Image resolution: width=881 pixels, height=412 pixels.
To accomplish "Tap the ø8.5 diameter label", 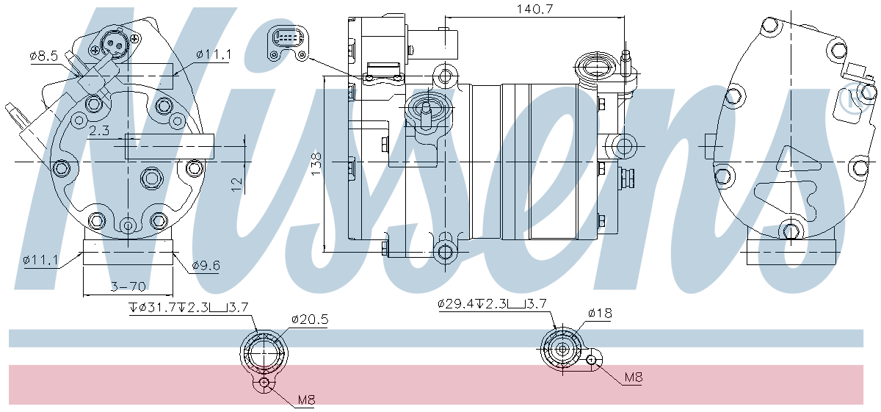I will pyautogui.click(x=43, y=55).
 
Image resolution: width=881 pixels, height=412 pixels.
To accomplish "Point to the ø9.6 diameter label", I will pyautogui.click(x=206, y=265).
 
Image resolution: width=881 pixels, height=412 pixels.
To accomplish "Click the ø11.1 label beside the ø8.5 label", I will pyautogui.click(x=214, y=55).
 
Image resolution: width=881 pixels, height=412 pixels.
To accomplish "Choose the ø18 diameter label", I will pyautogui.click(x=599, y=314).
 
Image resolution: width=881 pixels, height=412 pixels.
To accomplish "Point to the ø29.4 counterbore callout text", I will pyautogui.click(x=492, y=303).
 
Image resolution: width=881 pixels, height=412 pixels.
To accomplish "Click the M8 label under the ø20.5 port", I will pyautogui.click(x=306, y=400).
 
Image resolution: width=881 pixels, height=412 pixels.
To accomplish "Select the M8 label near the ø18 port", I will pyautogui.click(x=633, y=377).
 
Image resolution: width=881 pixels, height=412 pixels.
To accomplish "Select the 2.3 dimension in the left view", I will pyautogui.click(x=99, y=131).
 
